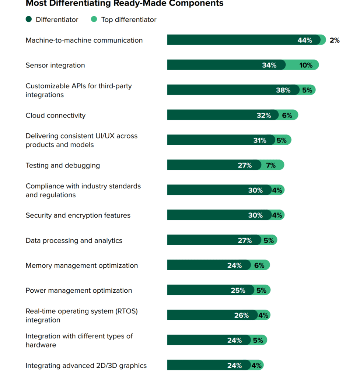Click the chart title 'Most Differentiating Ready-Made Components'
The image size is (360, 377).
pos(124,3)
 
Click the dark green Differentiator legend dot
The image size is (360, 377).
pos(29,20)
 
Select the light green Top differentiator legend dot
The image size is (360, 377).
pos(94,20)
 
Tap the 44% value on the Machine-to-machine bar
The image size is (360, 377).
pos(305,40)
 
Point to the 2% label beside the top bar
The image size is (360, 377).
pos(335,40)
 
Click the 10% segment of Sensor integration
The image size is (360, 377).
pos(306,65)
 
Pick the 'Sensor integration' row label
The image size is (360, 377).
pos(55,65)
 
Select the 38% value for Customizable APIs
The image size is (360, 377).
pos(283,90)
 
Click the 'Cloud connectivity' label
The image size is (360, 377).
pos(56,115)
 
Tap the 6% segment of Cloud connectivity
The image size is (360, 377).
pos(287,115)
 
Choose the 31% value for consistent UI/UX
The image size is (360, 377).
pos(260,140)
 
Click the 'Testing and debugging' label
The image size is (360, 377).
pos(63,165)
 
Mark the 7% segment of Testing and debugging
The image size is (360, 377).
pos(271,165)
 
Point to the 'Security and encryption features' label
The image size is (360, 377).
pos(78,215)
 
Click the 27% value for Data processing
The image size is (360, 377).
pos(245,240)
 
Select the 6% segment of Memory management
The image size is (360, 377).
pos(259,265)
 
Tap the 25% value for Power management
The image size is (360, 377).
pos(238,290)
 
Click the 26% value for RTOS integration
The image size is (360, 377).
pos(241,316)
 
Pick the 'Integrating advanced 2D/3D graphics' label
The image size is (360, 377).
pos(86,366)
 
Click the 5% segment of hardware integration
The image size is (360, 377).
pos(258,341)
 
